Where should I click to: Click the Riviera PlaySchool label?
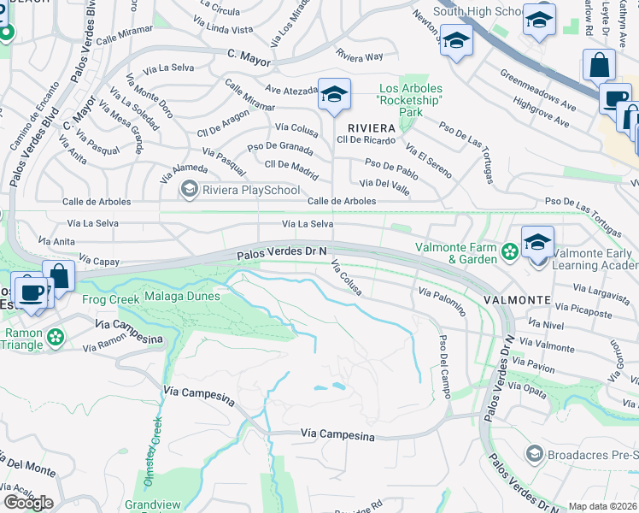(229, 190)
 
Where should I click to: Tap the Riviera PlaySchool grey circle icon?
(189, 190)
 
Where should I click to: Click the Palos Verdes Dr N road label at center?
(283, 252)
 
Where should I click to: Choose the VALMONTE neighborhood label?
(516, 300)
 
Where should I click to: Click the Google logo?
(28, 502)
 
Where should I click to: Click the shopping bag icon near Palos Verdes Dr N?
(59, 275)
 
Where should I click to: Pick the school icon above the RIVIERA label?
(334, 95)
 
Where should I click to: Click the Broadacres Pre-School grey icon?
(535, 452)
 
